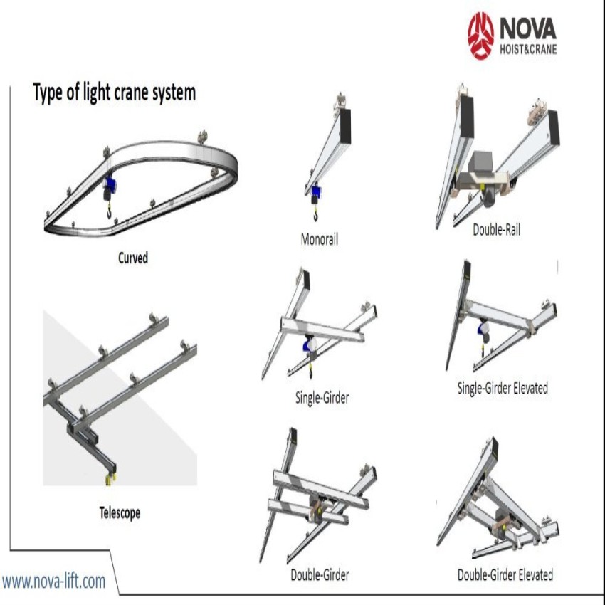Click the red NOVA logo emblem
[480, 35]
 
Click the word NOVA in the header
[527, 28]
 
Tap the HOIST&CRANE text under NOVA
[527, 49]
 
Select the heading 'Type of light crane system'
[114, 92]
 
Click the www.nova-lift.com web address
[53, 581]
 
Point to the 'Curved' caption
[133, 258]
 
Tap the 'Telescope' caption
[120, 512]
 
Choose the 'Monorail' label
[320, 239]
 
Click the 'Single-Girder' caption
[322, 398]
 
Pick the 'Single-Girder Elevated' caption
[503, 389]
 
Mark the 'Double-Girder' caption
[320, 574]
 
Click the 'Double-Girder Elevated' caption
[505, 574]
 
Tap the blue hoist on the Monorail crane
[314, 191]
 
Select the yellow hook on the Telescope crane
[109, 479]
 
